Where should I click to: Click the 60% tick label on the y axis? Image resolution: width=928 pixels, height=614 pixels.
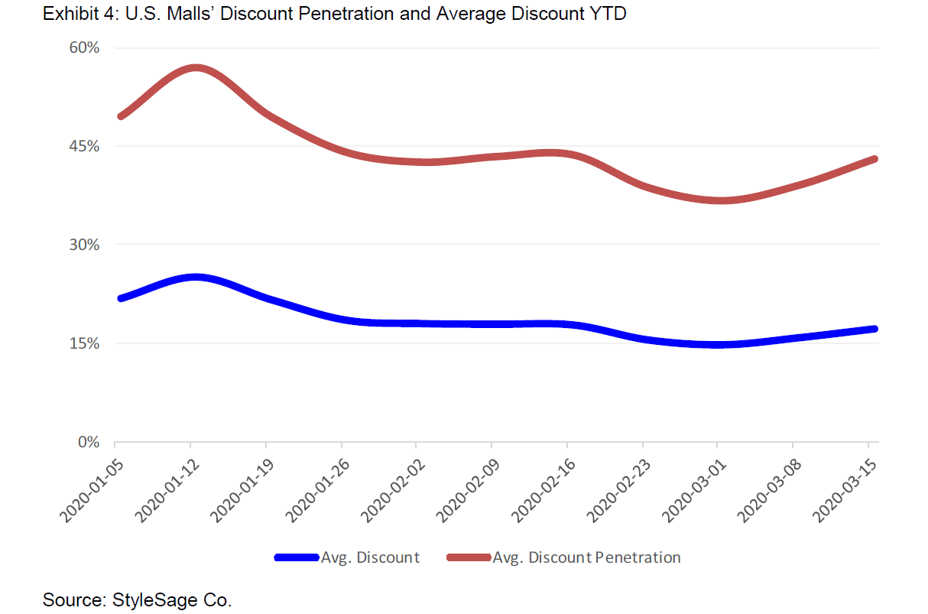(x=85, y=47)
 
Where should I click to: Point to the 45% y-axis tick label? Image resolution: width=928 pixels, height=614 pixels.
(x=85, y=146)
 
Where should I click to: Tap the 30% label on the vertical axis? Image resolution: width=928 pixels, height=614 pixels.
(x=85, y=245)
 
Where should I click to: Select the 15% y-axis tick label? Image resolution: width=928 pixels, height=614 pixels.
(x=85, y=343)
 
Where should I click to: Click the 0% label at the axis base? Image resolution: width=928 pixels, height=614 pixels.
(x=89, y=442)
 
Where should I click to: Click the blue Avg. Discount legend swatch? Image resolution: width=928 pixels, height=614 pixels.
(x=296, y=557)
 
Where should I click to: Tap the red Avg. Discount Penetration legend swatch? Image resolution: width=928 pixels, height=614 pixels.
(x=468, y=557)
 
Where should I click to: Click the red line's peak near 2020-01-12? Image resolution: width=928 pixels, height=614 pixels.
(x=196, y=68)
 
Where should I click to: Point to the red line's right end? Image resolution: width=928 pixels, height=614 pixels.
(x=874, y=159)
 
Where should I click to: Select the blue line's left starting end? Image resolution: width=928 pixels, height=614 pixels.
(x=120, y=298)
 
